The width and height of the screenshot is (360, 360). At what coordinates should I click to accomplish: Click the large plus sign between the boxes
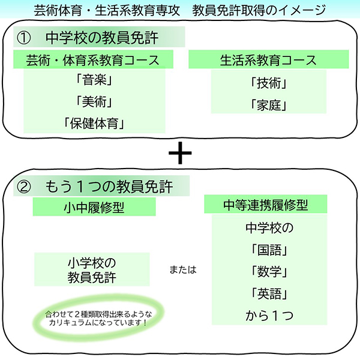point(180,153)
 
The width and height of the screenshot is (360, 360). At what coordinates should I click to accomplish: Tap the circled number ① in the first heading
point(23,38)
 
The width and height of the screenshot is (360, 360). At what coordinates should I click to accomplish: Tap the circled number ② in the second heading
point(23,187)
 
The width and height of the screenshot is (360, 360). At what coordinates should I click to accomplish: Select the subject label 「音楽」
point(94,80)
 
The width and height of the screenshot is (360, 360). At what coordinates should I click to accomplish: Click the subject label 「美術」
point(94,101)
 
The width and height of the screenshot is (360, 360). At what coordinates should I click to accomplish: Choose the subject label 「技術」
point(269,83)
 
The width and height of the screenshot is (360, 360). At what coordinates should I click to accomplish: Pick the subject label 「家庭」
point(269,105)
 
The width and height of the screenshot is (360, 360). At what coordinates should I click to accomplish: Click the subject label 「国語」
point(269,250)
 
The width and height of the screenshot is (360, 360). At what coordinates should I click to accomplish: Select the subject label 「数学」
point(269,272)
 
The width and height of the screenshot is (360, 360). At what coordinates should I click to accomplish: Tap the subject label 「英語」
point(269,293)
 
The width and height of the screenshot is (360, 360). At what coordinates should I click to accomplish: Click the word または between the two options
point(183,269)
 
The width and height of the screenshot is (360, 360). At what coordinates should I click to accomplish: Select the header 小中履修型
point(94,208)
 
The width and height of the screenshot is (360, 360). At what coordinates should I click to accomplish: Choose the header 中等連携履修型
point(266,205)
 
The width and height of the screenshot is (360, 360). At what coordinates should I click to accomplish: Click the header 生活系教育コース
point(269,59)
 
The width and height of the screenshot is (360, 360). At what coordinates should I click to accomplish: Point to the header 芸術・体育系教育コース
point(93,59)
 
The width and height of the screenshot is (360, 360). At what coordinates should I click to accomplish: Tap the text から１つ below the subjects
point(269,316)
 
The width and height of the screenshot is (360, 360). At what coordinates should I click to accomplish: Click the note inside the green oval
point(98,318)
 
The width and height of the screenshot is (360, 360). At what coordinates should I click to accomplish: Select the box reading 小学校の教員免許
point(92,269)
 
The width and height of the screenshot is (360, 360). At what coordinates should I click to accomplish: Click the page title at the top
point(180,10)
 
